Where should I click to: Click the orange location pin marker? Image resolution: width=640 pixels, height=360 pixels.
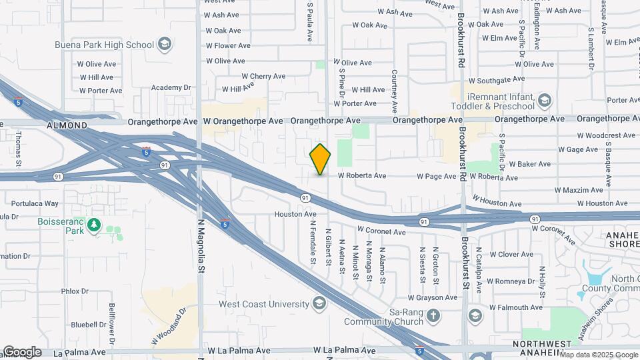320,159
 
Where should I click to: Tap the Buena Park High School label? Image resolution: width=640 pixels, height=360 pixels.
105,45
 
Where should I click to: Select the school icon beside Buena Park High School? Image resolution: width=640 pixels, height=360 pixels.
165,45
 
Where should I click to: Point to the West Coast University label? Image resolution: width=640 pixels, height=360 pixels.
264,304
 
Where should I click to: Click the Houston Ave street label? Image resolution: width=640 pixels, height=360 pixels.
295,215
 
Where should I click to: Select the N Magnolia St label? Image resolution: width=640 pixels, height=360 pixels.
199,247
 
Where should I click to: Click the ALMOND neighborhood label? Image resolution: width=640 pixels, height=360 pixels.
67,125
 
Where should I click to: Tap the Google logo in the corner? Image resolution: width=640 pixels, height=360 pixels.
22,352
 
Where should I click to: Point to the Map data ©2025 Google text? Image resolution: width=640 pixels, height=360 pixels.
599,355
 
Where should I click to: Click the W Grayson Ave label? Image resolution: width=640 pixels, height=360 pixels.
431,297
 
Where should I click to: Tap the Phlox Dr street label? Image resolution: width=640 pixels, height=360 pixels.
75,291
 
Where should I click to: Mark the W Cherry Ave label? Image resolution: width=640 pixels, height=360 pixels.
263,77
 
